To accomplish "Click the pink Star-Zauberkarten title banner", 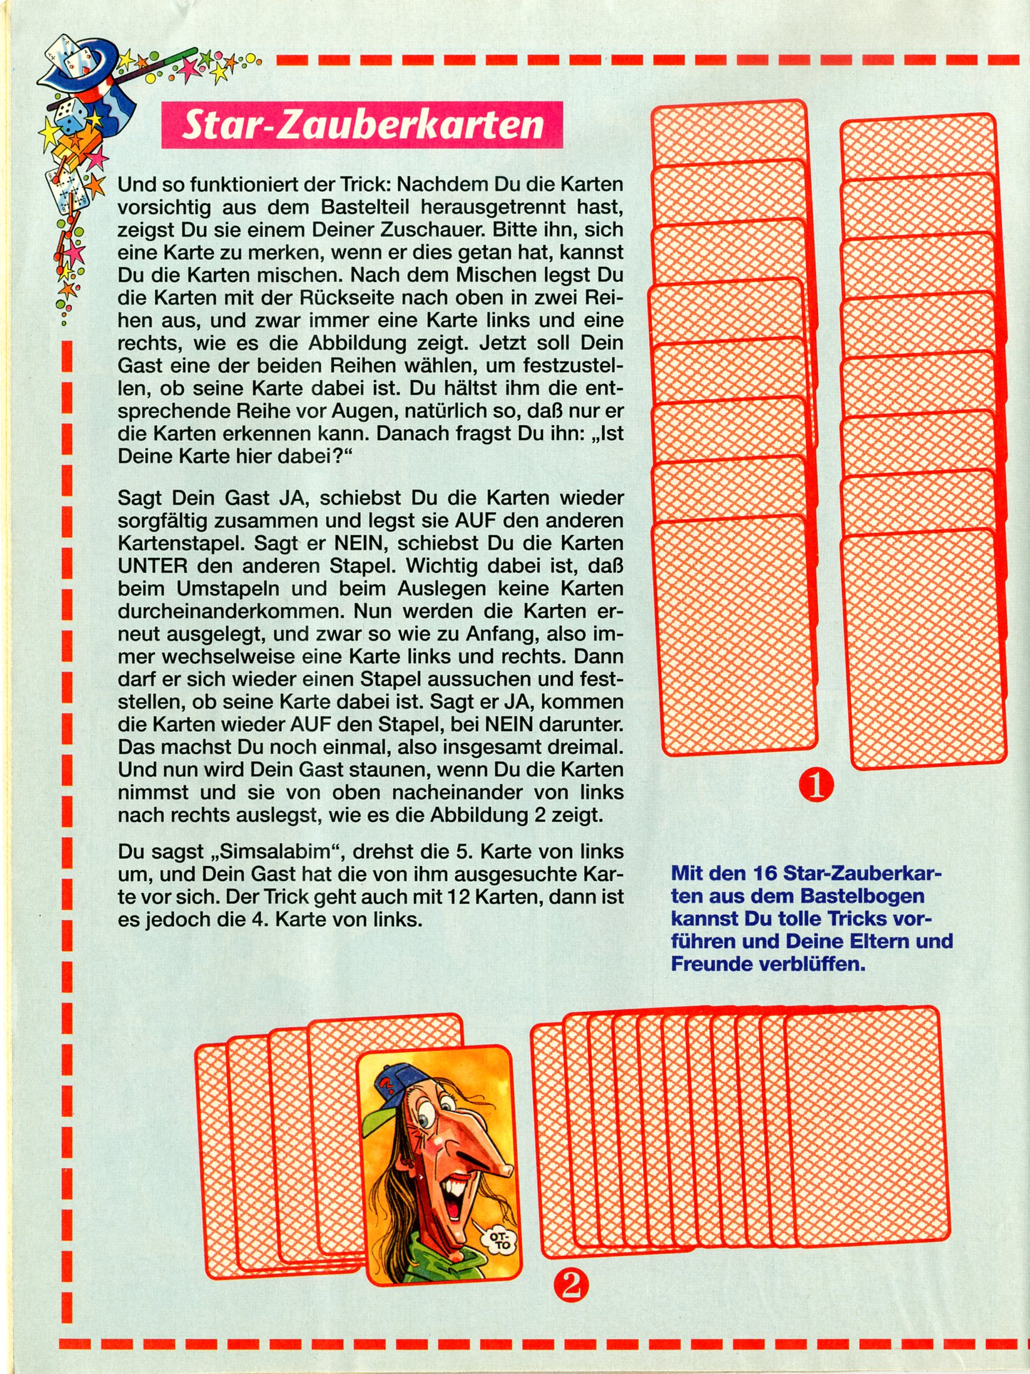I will pos(362,125).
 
